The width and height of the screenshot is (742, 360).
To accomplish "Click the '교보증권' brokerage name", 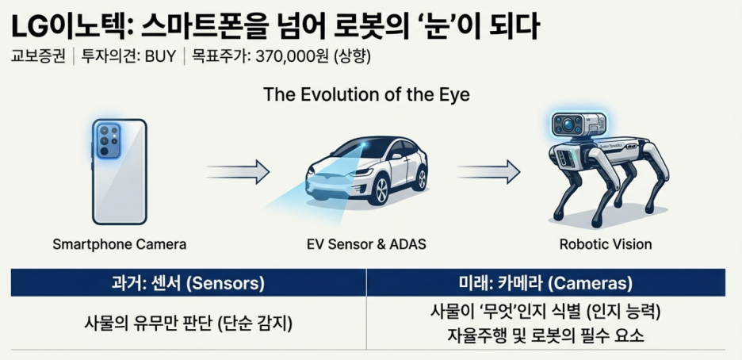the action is (x=36, y=57).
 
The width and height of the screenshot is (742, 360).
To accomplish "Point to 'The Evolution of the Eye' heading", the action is (x=366, y=95).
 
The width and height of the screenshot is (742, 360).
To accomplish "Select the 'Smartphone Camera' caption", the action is (x=119, y=244).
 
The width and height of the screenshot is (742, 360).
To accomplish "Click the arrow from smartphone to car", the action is (x=237, y=170).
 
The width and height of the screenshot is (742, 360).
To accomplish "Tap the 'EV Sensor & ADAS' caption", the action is (x=366, y=244).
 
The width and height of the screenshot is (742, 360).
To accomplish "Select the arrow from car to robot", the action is (x=488, y=170).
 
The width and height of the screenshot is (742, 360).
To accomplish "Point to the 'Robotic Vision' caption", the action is (x=606, y=244).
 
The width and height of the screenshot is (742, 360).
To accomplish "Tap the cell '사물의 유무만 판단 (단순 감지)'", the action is (x=189, y=323).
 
